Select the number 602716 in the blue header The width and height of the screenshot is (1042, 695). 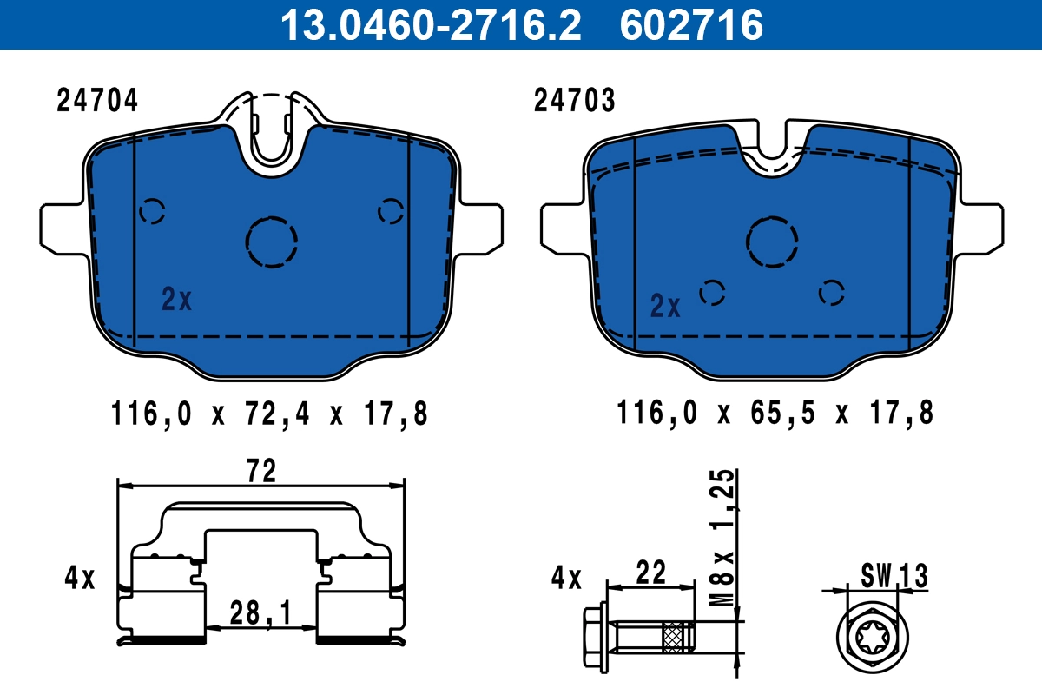pyautogui.click(x=691, y=24)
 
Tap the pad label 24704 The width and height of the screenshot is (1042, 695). pyautogui.click(x=97, y=102)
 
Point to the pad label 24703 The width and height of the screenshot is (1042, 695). pyautogui.click(x=575, y=102)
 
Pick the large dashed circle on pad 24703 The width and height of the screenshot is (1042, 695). pyautogui.click(x=773, y=241)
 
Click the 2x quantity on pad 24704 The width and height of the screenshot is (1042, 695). pyautogui.click(x=177, y=300)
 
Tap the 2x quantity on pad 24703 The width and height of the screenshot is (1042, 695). pyautogui.click(x=666, y=306)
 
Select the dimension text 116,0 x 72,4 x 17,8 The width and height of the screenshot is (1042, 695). pyautogui.click(x=270, y=414)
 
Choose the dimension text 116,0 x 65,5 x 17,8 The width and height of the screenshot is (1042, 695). pyautogui.click(x=775, y=414)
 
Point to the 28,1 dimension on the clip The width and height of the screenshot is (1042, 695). pyautogui.click(x=261, y=614)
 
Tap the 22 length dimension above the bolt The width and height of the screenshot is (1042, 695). pyautogui.click(x=650, y=573)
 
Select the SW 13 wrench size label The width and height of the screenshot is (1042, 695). pyautogui.click(x=894, y=575)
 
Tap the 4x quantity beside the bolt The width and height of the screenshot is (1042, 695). pyautogui.click(x=566, y=578)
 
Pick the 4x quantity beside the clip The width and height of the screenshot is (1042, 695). pyautogui.click(x=80, y=578)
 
